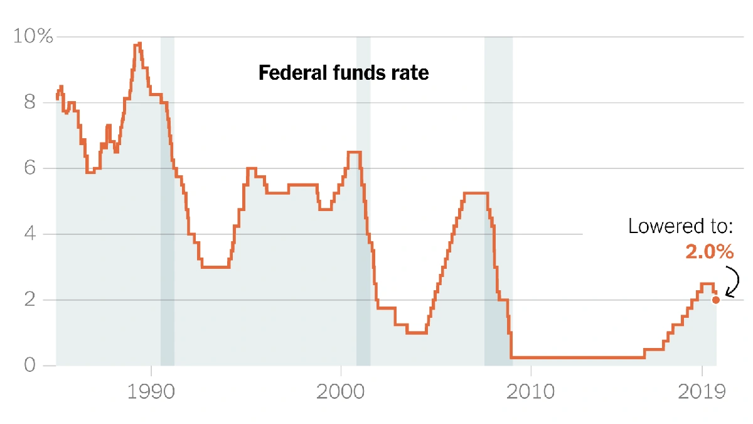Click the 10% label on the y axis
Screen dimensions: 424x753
pyautogui.click(x=33, y=36)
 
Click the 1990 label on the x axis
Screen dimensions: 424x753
pyautogui.click(x=151, y=393)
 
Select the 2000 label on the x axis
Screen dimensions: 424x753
pyautogui.click(x=341, y=393)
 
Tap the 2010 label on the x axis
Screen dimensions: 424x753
pyautogui.click(x=531, y=393)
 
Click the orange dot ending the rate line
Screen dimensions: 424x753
pyautogui.click(x=716, y=300)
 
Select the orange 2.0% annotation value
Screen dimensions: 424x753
pyautogui.click(x=709, y=253)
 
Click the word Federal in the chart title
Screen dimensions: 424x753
pyautogui.click(x=287, y=73)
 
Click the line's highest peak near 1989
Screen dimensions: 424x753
pyautogui.click(x=137, y=44)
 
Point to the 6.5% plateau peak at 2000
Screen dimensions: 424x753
pyautogui.click(x=354, y=152)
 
